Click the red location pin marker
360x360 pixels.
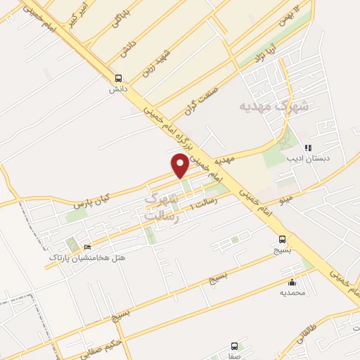(x=180, y=165)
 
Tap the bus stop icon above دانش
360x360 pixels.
(x=118, y=78)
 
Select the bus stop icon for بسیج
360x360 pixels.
(x=283, y=239)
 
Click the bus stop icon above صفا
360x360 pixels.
(x=234, y=346)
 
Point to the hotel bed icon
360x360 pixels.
(x=87, y=247)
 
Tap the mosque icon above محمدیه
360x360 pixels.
(x=292, y=281)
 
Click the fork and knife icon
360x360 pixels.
(x=307, y=148)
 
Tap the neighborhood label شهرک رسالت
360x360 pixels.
(x=162, y=208)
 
